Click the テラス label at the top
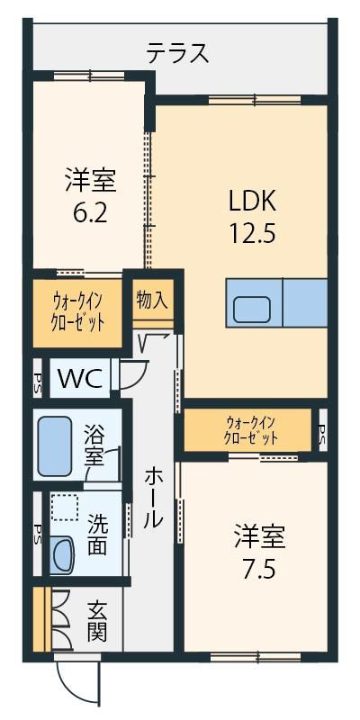(177, 53)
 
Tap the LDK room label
(252, 202)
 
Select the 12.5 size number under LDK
(252, 234)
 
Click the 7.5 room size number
(259, 570)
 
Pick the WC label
(79, 379)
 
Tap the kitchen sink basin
(252, 309)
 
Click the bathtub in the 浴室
(55, 446)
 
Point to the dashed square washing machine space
(64, 507)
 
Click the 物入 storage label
(152, 301)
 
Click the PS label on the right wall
(323, 432)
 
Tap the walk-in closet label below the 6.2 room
(77, 314)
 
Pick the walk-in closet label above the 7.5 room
(251, 430)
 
